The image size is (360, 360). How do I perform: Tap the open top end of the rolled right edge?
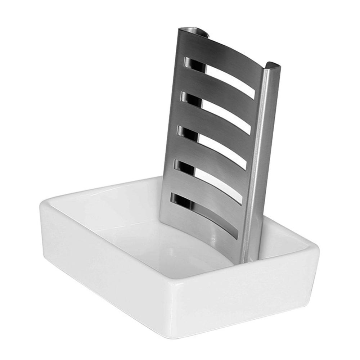pos(272,66)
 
